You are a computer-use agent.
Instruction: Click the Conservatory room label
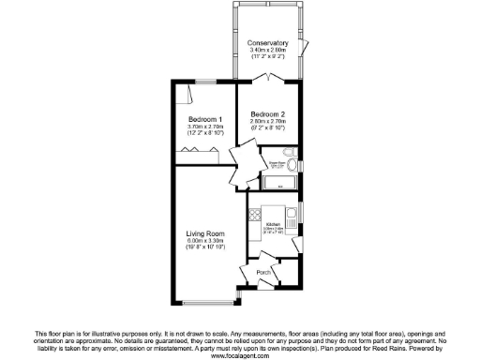click(268, 43)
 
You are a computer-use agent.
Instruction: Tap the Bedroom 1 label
click(205, 119)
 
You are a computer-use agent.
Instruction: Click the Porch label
click(265, 273)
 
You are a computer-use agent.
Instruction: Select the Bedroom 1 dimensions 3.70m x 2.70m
click(205, 127)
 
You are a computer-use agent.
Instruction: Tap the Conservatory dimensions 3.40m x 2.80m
click(268, 51)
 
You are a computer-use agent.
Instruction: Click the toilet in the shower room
click(292, 153)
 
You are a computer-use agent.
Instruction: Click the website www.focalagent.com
click(240, 356)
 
